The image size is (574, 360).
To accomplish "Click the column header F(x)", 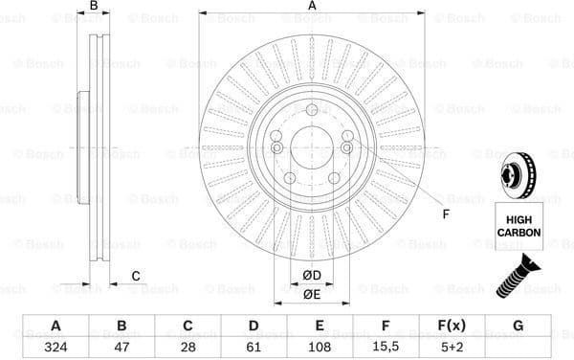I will [x=452, y=326].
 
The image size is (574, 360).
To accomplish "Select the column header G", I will [x=518, y=326].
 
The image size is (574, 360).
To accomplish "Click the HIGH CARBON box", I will [x=519, y=225].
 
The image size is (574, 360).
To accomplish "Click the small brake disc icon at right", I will [x=517, y=178].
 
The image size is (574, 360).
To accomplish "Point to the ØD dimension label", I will [x=312, y=276].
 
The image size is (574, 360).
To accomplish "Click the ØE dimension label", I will [x=312, y=295].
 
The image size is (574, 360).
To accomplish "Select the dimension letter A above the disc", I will [x=312, y=7].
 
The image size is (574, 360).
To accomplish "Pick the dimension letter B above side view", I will [x=93, y=7].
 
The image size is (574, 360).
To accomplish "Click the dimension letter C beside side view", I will [x=136, y=277].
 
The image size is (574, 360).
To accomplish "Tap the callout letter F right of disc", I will [x=445, y=213].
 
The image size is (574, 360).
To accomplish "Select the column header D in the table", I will [x=254, y=326].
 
